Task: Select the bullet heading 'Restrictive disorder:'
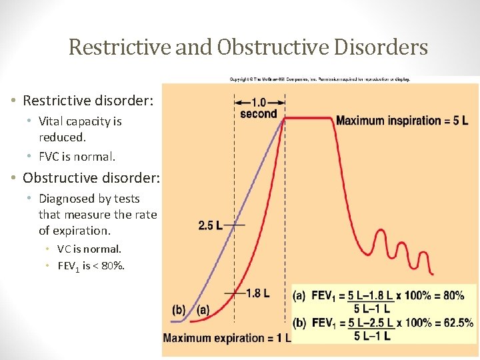pos(88,101)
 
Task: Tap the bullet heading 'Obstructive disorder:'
pos(90,178)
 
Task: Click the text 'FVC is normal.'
pos(77,157)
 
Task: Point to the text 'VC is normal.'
pos(89,249)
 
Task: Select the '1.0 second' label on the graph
pos(259,108)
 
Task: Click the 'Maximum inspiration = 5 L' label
pos(401,121)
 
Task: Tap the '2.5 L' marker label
pos(211,225)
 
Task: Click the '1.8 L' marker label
pos(257,293)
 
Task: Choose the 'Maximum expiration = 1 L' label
pos(227,338)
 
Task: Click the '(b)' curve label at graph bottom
pos(179,310)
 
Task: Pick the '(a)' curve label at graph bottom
pos(203,310)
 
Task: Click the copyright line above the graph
pos(320,79)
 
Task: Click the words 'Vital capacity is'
pos(80,121)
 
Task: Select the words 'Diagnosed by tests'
pos(89,199)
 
